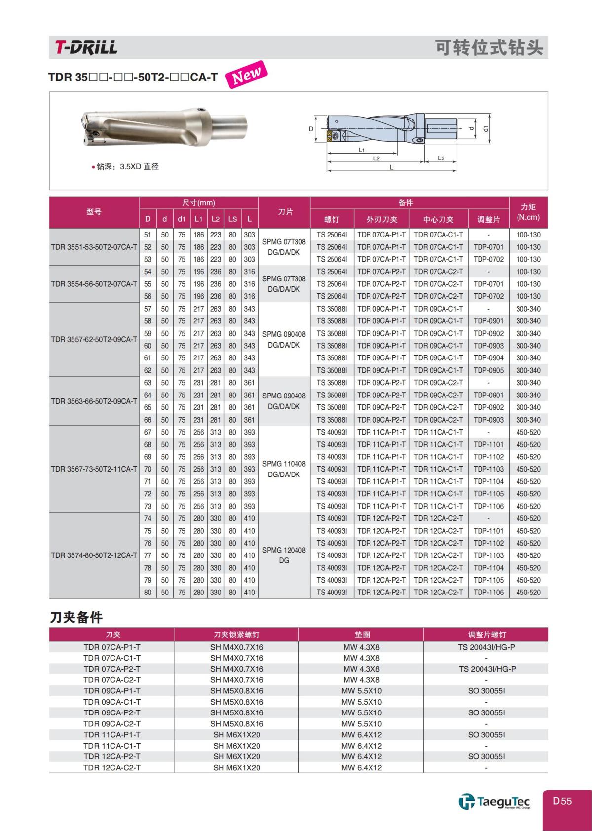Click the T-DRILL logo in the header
click(86, 47)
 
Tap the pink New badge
click(246, 75)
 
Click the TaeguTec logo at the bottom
click(494, 801)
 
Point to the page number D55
click(562, 801)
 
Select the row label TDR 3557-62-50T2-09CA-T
click(94, 339)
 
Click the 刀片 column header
click(284, 212)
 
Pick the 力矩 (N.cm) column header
click(528, 212)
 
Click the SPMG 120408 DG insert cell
click(284, 555)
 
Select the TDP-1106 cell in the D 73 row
click(488, 506)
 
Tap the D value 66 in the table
click(148, 420)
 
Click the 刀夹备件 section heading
click(76, 617)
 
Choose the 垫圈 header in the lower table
click(362, 634)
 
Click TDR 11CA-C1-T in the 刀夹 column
click(112, 746)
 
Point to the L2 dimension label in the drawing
click(376, 158)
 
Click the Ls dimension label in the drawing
click(441, 158)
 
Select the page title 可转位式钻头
click(488, 47)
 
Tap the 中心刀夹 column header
click(438, 219)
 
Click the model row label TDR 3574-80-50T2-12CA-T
click(94, 555)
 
